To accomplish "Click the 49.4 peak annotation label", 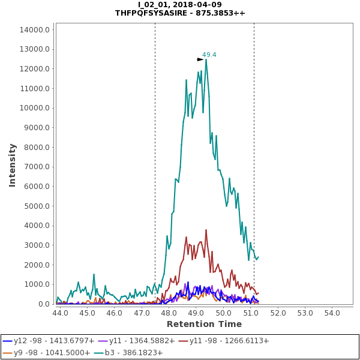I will (209, 55).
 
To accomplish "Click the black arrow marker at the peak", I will (200, 59).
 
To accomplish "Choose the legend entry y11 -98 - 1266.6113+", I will (229, 341).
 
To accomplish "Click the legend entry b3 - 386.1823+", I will (134, 352).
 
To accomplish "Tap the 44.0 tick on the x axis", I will (60, 313).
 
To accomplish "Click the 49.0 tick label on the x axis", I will (196, 313).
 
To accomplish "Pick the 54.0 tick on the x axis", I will (332, 313).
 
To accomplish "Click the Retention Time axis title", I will (204, 324).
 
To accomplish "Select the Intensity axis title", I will (12, 164).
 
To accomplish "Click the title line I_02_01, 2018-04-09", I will (180, 5).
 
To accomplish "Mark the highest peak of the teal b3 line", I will (206, 59).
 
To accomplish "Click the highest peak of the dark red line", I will (206, 229).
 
